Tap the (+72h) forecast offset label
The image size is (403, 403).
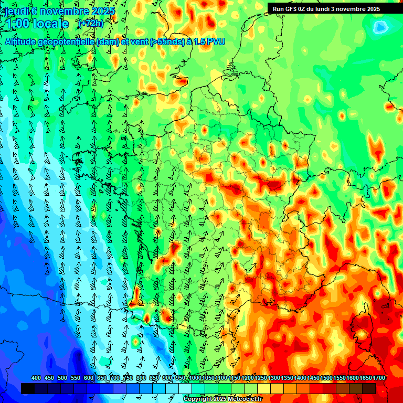[x=90, y=24]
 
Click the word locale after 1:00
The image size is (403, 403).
[x=49, y=24]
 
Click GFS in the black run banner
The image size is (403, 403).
[x=292, y=9]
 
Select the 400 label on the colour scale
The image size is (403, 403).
[x=36, y=378]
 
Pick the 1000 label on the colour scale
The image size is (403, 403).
[x=195, y=378]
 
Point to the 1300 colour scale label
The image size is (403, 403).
[x=274, y=378]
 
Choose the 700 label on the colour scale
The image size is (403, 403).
[x=115, y=378]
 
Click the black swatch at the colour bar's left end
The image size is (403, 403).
[x=28, y=388]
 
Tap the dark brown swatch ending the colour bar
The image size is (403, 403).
[x=369, y=388]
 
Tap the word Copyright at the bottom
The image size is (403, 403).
[x=197, y=399]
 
